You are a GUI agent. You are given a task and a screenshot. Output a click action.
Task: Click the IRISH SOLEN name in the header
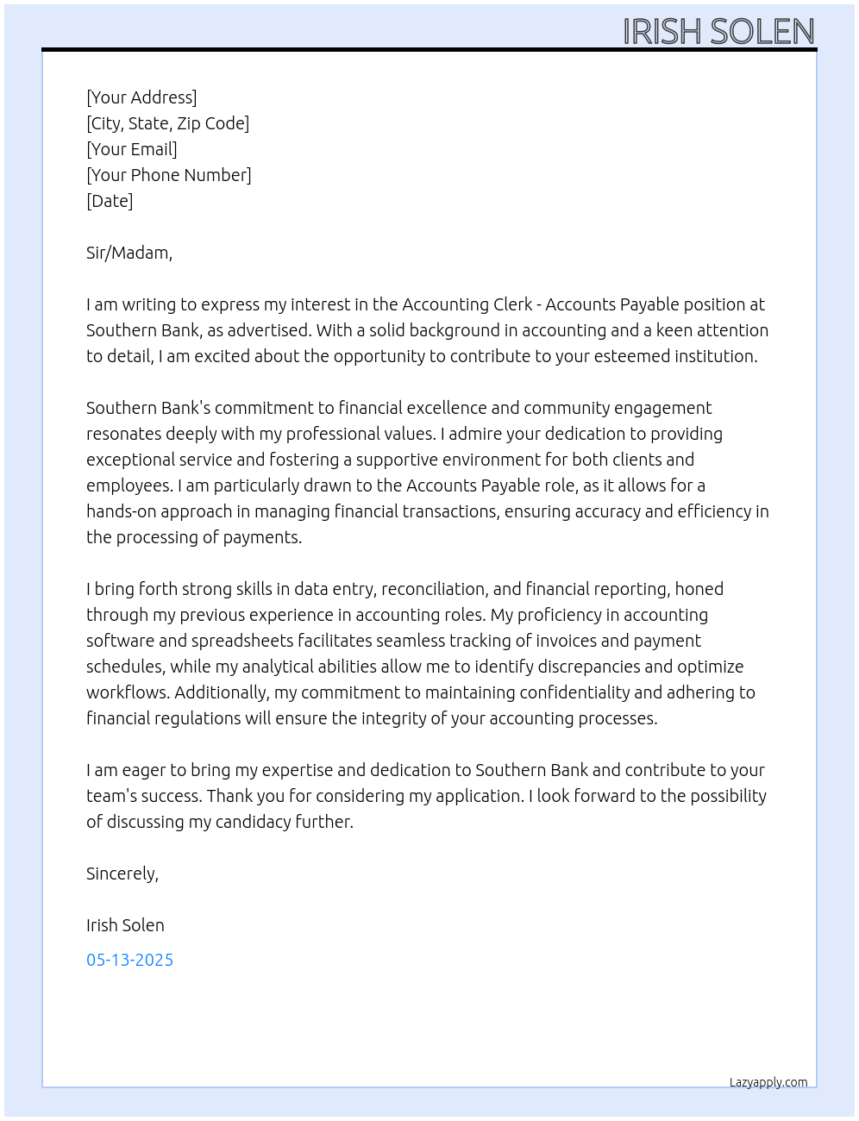click(718, 32)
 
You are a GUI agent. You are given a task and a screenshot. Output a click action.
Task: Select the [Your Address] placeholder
click(141, 97)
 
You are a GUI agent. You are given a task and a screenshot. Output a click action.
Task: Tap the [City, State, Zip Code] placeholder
click(167, 123)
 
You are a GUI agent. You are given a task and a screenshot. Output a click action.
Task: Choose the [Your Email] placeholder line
click(132, 149)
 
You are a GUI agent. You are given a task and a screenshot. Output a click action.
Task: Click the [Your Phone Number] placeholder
click(169, 175)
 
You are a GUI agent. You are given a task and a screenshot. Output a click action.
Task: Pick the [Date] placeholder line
click(110, 201)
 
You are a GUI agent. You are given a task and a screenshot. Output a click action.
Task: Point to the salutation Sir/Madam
click(129, 253)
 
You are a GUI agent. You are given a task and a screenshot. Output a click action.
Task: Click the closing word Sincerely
click(122, 874)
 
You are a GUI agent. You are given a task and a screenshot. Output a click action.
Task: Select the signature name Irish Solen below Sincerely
click(125, 925)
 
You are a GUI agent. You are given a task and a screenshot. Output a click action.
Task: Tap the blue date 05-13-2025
click(129, 960)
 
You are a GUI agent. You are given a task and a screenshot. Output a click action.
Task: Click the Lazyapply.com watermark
click(768, 1082)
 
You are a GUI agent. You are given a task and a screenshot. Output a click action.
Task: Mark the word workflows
click(126, 692)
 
